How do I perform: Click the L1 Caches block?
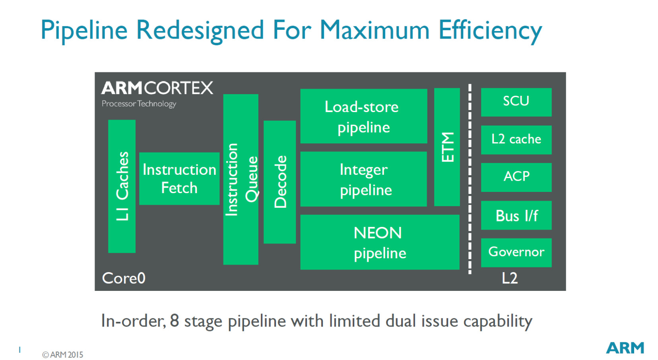click(122, 186)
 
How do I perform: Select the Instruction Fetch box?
click(179, 178)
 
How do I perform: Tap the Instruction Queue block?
click(241, 180)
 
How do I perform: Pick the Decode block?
click(280, 182)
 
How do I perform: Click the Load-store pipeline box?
click(364, 116)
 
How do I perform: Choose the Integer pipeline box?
click(364, 179)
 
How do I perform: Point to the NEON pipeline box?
click(380, 242)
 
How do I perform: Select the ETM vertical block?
click(447, 147)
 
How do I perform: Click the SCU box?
click(516, 102)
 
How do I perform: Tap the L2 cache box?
click(516, 140)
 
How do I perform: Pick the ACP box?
click(516, 177)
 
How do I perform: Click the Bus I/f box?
click(516, 215)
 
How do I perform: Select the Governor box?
click(516, 253)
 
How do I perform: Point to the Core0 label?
click(124, 278)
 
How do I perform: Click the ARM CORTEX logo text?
click(157, 88)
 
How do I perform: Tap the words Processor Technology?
click(139, 104)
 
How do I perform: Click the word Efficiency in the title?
click(490, 31)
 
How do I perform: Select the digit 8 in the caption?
click(175, 320)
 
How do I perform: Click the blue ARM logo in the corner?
click(625, 348)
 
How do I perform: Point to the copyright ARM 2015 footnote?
click(62, 355)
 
